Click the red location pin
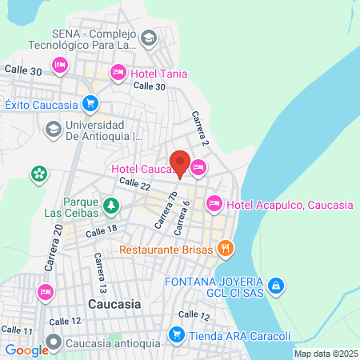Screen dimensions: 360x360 (180, 162)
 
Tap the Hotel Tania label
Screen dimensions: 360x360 (160, 74)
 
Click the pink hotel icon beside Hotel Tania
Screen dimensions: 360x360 (118, 73)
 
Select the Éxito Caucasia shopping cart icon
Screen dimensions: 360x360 (90, 103)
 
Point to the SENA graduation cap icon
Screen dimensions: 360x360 (148, 38)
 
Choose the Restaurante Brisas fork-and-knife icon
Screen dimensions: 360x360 (226, 249)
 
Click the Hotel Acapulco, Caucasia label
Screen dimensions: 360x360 (290, 206)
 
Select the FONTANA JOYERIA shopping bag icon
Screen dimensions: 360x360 (274, 285)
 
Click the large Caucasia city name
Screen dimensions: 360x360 (114, 305)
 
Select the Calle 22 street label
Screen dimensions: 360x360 (134, 183)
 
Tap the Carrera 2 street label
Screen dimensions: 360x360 (199, 127)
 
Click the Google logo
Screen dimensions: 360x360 (26, 349)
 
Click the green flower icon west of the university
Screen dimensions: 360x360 (38, 173)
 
